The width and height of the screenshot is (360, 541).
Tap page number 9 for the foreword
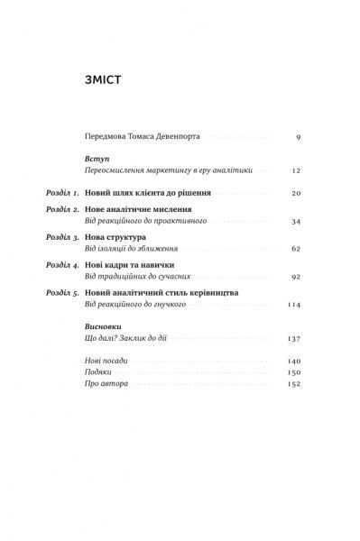click(x=297, y=137)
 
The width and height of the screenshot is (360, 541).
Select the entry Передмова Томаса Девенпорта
click(x=141, y=137)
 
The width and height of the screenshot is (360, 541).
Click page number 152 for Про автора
click(x=292, y=383)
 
